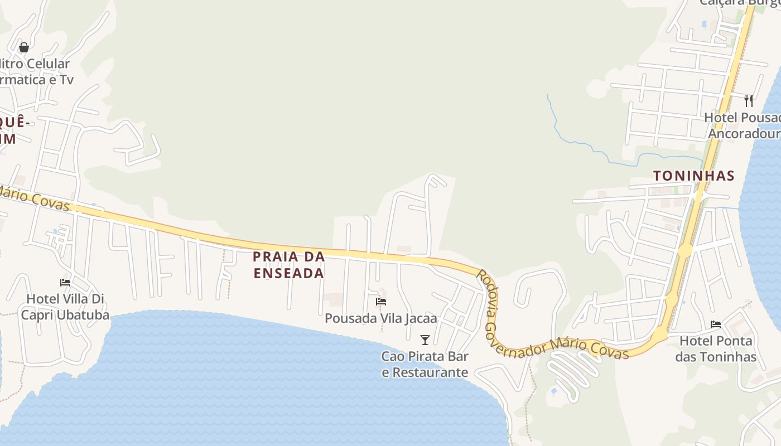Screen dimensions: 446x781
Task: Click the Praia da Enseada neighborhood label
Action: coord(289,265)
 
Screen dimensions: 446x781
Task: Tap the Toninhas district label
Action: coord(693,176)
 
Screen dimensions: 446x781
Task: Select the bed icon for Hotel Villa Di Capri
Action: coord(65,283)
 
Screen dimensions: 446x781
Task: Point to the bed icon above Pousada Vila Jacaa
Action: coord(381,302)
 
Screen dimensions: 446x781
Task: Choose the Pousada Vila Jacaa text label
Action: coord(381,318)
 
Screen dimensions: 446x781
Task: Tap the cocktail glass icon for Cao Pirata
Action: coord(425,340)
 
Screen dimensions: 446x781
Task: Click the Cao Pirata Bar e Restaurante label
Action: coord(425,364)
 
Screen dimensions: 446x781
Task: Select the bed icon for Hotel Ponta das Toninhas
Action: coord(716,324)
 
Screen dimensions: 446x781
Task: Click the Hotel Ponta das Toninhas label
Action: coord(716,348)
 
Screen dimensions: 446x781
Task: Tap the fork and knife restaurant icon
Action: coord(749,101)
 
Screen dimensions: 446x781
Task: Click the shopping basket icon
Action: coord(23,47)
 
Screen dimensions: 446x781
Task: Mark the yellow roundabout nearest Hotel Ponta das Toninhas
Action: coord(660,334)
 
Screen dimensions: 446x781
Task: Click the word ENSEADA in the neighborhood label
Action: coord(289,273)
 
